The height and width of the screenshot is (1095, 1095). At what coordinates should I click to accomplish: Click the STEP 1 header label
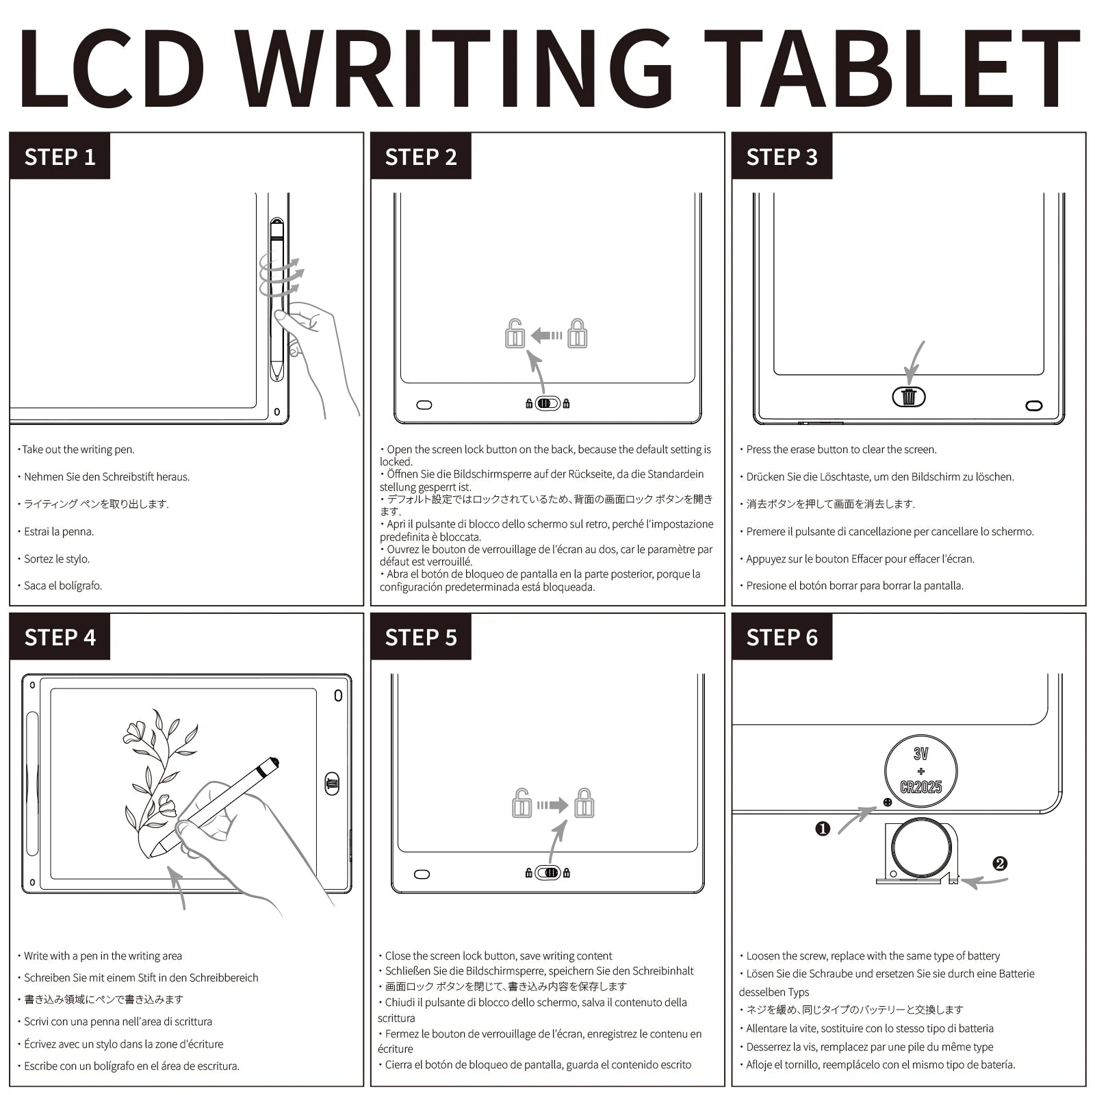point(60,157)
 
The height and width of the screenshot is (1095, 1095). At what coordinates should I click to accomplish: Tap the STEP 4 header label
point(60,637)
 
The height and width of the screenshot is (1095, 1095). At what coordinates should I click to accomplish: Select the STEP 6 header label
point(782,637)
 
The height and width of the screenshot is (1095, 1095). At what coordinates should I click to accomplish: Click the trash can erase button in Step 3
point(908,396)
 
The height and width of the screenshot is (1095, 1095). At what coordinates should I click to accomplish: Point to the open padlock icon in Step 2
point(515,334)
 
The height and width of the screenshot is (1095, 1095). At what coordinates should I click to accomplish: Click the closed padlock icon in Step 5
point(584,803)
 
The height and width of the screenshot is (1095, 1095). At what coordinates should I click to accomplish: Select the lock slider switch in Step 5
point(547,873)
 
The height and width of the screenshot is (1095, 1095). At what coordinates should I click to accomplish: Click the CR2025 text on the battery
point(920,787)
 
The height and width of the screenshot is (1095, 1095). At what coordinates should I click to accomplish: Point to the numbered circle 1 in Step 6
point(823,829)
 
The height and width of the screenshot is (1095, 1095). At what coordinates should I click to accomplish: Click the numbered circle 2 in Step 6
point(1000,864)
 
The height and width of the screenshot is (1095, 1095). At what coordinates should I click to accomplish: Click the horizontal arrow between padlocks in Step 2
point(547,335)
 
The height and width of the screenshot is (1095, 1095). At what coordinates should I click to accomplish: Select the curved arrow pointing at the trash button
point(915,363)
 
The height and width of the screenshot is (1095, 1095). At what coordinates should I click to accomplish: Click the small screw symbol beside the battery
point(888,802)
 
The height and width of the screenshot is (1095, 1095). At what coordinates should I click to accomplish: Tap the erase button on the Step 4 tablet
point(332,784)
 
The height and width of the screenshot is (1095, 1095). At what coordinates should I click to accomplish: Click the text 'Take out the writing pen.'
point(77,450)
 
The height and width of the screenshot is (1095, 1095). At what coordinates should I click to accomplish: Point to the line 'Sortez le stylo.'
point(57,558)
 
